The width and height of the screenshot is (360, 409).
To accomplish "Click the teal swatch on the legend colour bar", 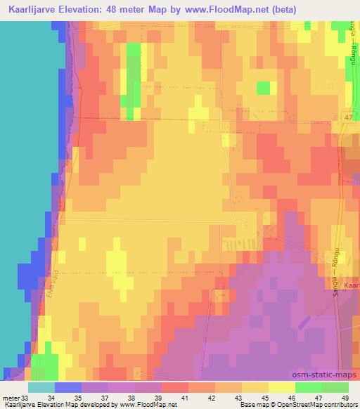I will pos(41,387).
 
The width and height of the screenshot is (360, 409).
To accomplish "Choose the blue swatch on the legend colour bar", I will pos(67,387).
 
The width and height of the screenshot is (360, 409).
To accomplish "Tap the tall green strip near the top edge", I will pos(131,70).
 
